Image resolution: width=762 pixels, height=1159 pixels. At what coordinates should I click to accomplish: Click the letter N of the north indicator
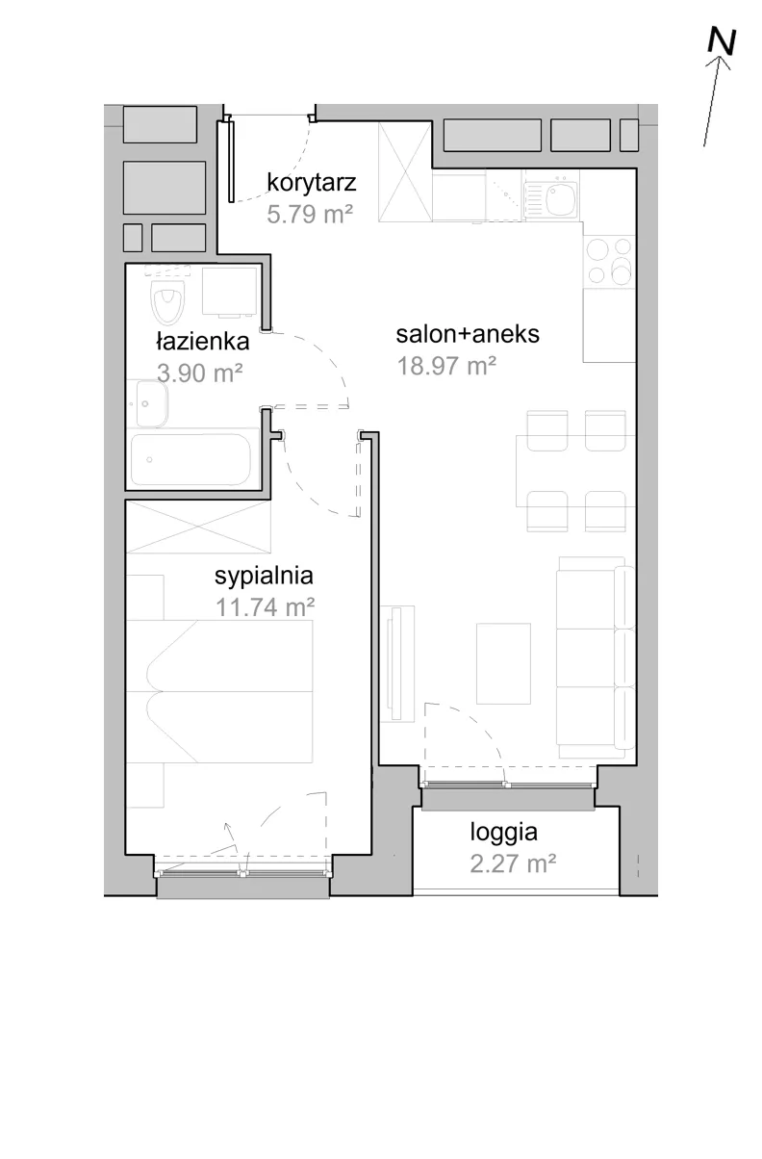coord(722,41)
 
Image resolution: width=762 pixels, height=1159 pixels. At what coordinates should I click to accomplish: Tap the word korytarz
coord(312,183)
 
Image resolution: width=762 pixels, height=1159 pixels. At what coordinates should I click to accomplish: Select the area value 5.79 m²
coord(310,214)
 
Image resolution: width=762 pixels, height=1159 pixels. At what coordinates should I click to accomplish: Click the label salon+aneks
coord(468,334)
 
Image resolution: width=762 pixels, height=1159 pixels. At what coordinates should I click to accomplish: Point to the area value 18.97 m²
coord(446,366)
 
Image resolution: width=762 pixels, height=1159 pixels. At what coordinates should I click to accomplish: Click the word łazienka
coord(203,342)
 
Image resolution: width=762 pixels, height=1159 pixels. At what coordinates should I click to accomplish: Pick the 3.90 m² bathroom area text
coord(200,373)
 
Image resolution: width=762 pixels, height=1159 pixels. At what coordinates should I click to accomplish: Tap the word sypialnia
coord(264,576)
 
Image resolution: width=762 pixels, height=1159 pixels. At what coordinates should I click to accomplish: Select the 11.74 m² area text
coord(265,606)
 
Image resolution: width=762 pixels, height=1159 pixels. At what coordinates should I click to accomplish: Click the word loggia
coord(504,833)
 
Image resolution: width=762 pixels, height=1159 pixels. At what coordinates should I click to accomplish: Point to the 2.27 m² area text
coord(513,863)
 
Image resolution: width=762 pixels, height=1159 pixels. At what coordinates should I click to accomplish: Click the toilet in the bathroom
coord(167,301)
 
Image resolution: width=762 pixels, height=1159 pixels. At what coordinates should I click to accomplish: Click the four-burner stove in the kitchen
coord(609,261)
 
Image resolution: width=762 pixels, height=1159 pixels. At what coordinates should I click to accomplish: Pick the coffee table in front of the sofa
coord(503,663)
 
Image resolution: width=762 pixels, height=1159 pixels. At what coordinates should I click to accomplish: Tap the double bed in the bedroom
coord(219,691)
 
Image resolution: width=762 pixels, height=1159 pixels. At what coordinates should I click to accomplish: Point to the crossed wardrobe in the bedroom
coord(198,527)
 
